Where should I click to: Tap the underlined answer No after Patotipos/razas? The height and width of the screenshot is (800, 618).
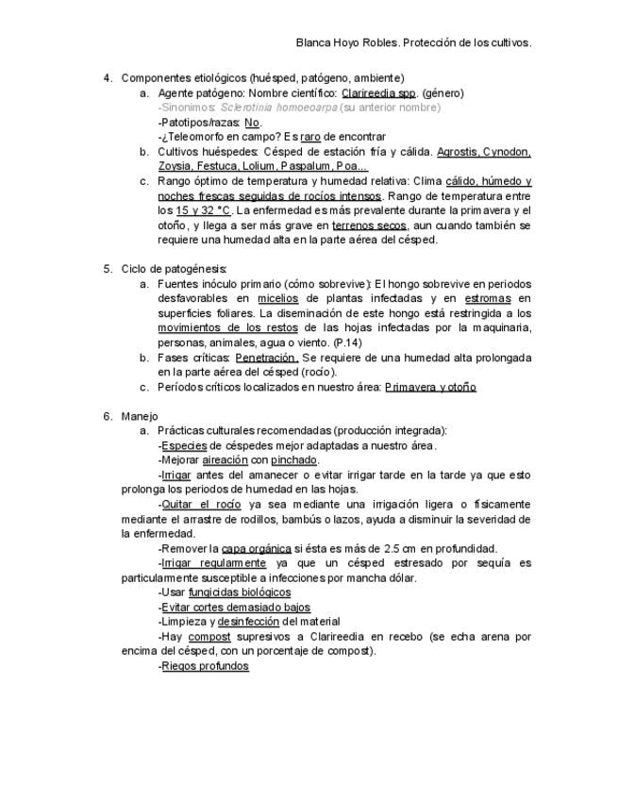click(x=252, y=123)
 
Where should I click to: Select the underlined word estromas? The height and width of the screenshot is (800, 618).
click(x=487, y=298)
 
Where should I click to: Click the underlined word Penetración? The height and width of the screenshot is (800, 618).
click(x=266, y=358)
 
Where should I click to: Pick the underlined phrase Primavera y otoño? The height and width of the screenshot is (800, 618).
click(x=430, y=387)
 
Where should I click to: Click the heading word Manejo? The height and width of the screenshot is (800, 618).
click(x=140, y=416)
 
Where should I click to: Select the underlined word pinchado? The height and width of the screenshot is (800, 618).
click(x=294, y=460)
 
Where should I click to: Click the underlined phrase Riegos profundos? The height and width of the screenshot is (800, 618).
click(x=205, y=666)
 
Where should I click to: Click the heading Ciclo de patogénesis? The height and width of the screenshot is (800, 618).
click(x=174, y=269)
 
